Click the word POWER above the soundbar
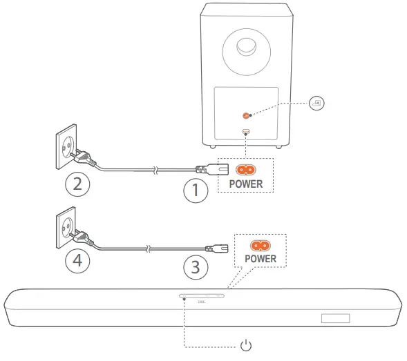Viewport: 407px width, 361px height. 259,259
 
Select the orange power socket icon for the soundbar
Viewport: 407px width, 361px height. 259,244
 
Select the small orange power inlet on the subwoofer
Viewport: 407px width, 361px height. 247,132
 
